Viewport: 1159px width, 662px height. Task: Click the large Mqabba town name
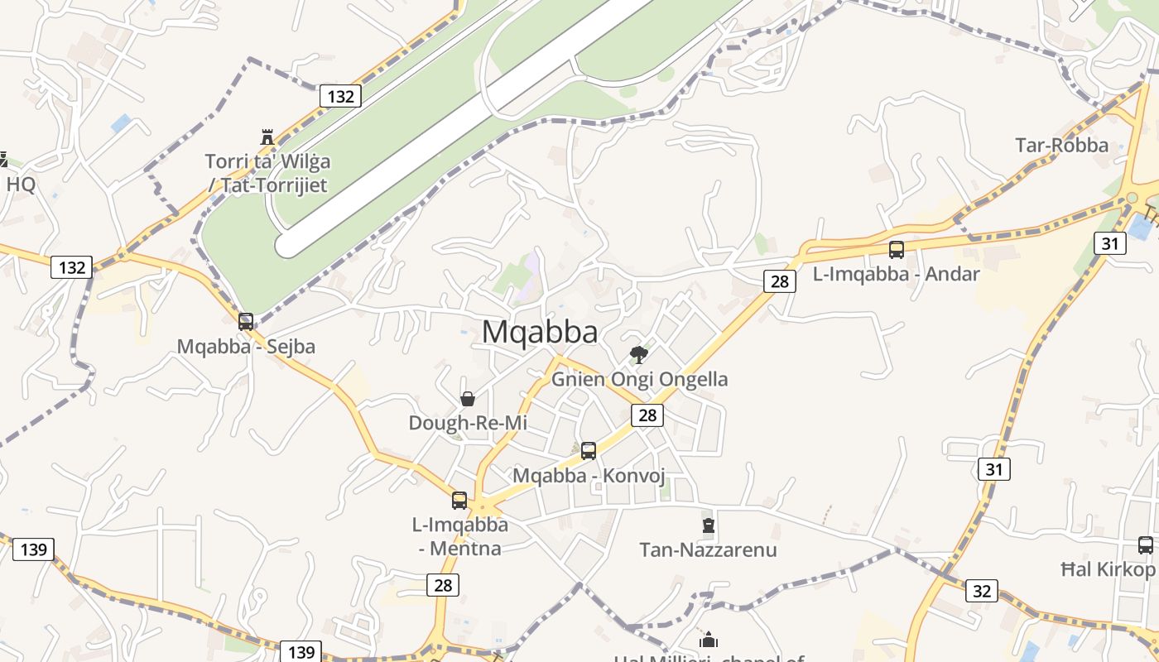point(540,332)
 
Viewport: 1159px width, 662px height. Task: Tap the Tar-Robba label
point(1061,146)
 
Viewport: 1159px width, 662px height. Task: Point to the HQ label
point(21,184)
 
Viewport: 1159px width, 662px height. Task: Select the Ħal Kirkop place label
point(1108,569)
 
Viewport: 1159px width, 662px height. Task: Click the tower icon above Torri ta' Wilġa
point(267,137)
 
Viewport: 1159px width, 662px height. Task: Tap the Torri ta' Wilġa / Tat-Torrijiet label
point(267,173)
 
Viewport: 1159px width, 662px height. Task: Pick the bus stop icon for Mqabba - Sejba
point(246,322)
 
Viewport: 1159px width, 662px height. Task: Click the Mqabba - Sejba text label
point(246,346)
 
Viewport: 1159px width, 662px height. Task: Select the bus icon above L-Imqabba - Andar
point(897,249)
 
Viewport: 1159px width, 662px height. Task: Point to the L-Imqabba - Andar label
point(897,274)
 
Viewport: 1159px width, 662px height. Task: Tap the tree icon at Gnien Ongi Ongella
point(638,355)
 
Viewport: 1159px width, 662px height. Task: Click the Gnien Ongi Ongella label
point(640,379)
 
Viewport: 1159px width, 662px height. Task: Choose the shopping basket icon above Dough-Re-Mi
point(468,399)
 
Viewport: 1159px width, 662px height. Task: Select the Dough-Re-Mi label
point(468,423)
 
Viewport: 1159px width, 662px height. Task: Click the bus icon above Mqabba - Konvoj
point(589,451)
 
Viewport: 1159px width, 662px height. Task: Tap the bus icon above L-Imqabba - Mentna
point(459,500)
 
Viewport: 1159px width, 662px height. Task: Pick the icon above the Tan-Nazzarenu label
point(708,525)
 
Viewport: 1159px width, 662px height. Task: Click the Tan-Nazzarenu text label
point(708,549)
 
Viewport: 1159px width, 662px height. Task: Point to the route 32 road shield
point(981,591)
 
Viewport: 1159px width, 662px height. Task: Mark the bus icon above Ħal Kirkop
point(1146,545)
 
